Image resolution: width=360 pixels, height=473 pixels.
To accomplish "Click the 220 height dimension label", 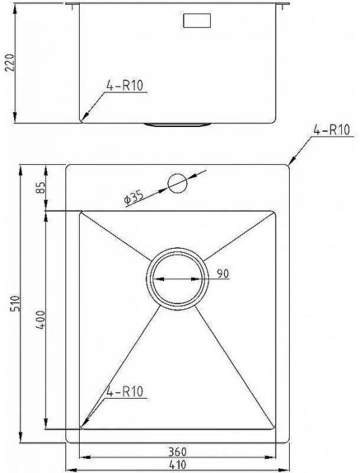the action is [10, 62].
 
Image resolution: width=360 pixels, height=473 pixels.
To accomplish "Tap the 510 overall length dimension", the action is [16, 304].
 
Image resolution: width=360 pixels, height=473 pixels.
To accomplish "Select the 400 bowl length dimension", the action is [41, 320].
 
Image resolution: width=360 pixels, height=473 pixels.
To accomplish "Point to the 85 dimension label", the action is [41, 187].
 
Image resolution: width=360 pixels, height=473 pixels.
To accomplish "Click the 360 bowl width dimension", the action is [177, 452].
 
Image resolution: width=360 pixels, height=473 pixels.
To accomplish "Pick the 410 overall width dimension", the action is [177, 464].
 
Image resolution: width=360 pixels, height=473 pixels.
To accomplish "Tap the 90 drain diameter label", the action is [223, 274].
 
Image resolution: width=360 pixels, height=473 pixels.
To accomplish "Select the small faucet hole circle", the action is [177, 183].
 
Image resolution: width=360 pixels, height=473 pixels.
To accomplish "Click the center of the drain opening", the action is [177, 278].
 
